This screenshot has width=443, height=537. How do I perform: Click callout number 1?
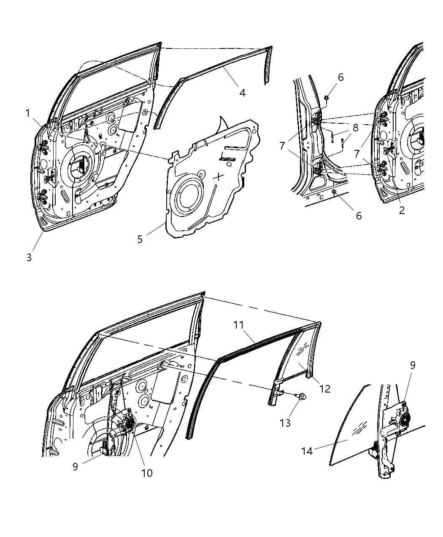(x=27, y=113)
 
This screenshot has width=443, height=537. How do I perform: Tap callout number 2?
(x=401, y=211)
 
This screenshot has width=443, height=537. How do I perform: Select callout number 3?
(x=29, y=257)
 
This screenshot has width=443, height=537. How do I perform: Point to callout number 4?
(x=242, y=93)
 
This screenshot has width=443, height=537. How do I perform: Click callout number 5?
(x=140, y=239)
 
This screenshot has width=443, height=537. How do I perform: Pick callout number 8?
(x=355, y=127)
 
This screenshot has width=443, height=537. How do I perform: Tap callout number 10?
(x=146, y=473)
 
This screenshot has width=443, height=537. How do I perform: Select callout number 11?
(x=239, y=325)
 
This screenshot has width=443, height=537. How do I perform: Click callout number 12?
(x=324, y=389)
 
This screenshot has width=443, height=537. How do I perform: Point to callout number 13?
(x=285, y=422)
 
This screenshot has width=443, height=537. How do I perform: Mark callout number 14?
(x=307, y=451)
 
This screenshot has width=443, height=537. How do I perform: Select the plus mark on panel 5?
(x=219, y=176)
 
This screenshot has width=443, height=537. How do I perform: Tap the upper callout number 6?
(x=340, y=77)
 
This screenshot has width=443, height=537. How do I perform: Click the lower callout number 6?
(x=359, y=216)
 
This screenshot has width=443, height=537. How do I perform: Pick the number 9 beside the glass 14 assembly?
(x=412, y=365)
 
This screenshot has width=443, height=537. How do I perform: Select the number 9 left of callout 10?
(x=75, y=467)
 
